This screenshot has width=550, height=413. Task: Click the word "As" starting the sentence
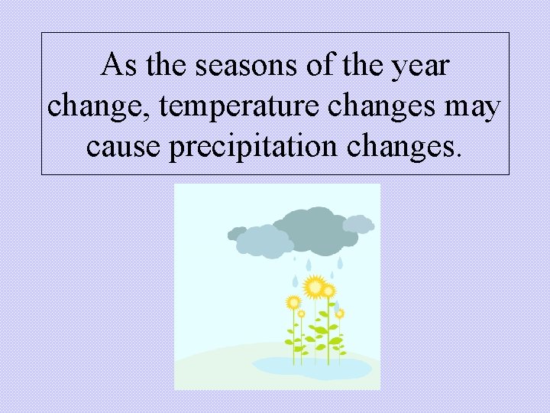click(x=118, y=66)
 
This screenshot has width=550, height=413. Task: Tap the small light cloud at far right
click(x=357, y=223)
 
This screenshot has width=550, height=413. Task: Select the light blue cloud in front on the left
click(x=263, y=241)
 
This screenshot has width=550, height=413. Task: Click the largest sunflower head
click(x=313, y=287)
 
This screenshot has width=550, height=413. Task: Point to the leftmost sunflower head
click(x=293, y=302)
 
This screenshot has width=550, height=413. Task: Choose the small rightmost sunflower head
click(x=339, y=313)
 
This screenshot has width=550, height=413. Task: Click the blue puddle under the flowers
click(x=313, y=367)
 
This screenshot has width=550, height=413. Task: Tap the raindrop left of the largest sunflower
click(x=295, y=281)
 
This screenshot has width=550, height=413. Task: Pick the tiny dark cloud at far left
click(x=238, y=233)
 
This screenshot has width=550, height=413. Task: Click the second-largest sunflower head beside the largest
click(x=328, y=291)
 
